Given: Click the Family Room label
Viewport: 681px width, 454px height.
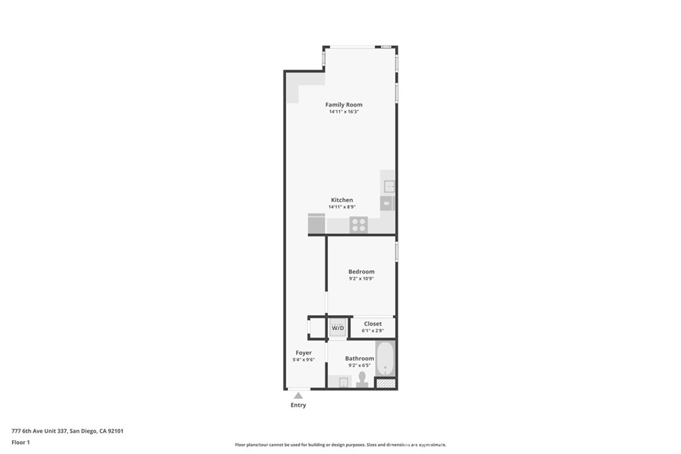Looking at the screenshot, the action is [344, 104].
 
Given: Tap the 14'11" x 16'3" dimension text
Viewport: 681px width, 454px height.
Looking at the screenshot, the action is [344, 112].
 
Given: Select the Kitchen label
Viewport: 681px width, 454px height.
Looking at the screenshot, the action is [342, 200].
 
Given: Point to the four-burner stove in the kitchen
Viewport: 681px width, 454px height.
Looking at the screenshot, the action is [358, 225].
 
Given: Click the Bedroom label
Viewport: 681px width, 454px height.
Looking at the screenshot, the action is [361, 272].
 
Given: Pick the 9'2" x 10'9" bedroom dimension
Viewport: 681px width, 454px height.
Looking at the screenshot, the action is [361, 279].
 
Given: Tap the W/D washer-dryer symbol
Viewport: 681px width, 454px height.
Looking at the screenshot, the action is [338, 327].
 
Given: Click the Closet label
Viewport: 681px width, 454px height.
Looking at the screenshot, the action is [372, 324].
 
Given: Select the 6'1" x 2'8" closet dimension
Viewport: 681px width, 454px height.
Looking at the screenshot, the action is [372, 331].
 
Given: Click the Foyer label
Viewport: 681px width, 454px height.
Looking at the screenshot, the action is [303, 353].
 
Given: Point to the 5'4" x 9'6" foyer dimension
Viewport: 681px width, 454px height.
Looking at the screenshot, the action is [303, 360].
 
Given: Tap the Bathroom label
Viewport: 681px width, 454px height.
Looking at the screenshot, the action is [360, 358].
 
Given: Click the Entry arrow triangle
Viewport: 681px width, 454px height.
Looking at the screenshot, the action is [298, 396].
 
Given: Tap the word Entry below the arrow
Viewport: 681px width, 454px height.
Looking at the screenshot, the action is [299, 405].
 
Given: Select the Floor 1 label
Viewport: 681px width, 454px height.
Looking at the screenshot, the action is [21, 443].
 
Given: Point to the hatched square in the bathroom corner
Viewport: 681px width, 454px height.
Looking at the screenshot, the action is [385, 384].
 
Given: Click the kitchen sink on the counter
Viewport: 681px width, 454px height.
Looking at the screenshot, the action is [389, 187].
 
